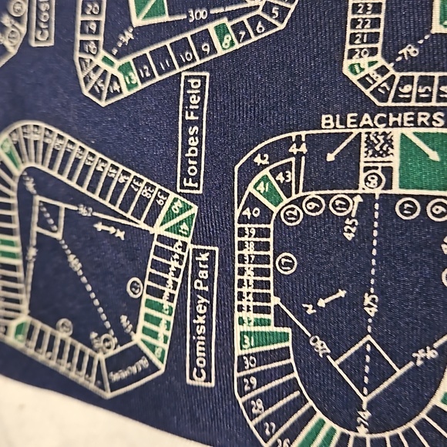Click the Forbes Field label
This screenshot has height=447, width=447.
[193, 133]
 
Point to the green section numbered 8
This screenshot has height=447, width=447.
[227, 35]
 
